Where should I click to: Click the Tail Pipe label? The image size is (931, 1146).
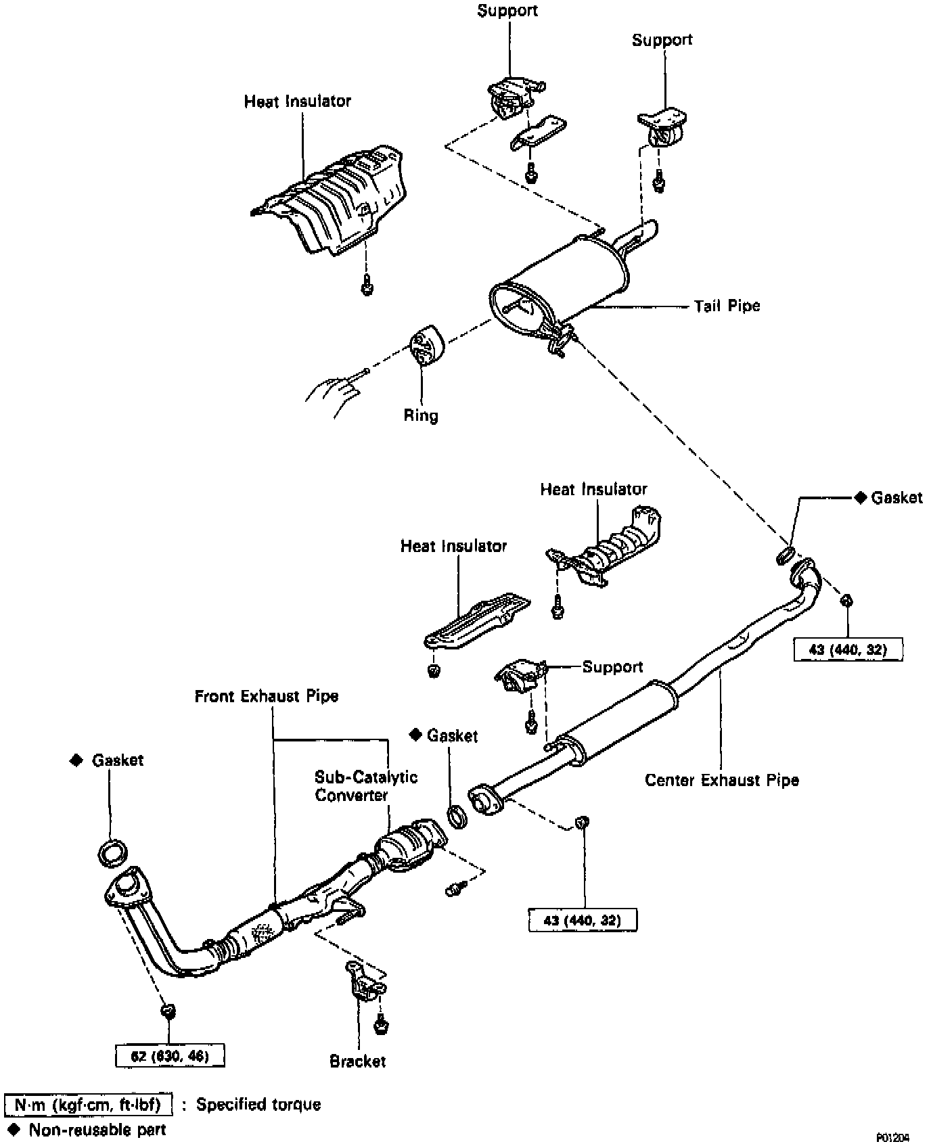(727, 306)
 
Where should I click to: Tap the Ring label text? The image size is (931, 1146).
(421, 415)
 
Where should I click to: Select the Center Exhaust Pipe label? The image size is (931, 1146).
(721, 780)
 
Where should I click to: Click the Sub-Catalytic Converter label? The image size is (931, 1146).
(365, 785)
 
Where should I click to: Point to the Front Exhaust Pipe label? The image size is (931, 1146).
(267, 696)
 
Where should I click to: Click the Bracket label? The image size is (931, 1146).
(357, 1061)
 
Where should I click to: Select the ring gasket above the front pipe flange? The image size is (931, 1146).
(112, 852)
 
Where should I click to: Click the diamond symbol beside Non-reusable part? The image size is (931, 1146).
(14, 1128)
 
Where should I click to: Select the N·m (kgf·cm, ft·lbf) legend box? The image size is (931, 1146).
(88, 1105)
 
